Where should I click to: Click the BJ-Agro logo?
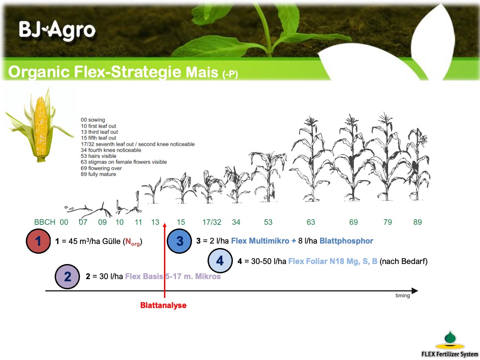click(x=57, y=30)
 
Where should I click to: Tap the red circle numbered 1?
click(x=38, y=241)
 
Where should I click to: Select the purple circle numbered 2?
click(x=68, y=276)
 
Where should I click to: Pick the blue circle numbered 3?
click(x=180, y=241)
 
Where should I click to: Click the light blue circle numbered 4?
click(x=220, y=261)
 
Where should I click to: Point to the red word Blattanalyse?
click(x=163, y=305)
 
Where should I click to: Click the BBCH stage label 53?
click(x=268, y=222)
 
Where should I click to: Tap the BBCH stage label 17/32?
click(x=212, y=222)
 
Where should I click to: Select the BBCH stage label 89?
click(x=417, y=222)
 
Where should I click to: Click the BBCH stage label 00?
click(x=64, y=222)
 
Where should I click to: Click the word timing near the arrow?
click(x=403, y=296)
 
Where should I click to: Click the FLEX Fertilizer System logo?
click(x=449, y=344)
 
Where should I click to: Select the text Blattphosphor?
click(x=346, y=241)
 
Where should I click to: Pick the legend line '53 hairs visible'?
click(x=99, y=156)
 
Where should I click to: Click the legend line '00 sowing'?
click(x=93, y=120)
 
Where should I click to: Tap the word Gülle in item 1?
click(x=112, y=241)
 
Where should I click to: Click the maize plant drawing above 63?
click(x=311, y=159)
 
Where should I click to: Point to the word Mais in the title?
click(x=202, y=72)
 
